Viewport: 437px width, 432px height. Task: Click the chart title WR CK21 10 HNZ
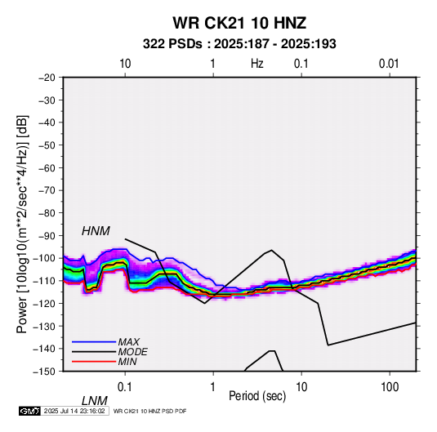pos(239,23)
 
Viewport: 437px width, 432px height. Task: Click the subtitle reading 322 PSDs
pos(172,44)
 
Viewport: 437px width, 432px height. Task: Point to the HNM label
pos(96,231)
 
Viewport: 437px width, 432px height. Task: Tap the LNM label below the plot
pos(95,401)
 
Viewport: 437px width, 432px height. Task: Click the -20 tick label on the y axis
pos(47,78)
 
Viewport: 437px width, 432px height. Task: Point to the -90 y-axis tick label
pos(47,235)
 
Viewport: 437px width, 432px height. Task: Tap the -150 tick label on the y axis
pos(44,372)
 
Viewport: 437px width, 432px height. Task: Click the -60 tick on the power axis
pos(47,167)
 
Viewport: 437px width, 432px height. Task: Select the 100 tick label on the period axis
pos(390,387)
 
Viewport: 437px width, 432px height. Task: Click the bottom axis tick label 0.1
pos(125,387)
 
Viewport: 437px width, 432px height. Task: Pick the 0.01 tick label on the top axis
pos(389,64)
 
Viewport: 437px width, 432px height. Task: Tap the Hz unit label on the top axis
pos(257,64)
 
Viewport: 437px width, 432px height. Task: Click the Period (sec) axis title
pos(257,396)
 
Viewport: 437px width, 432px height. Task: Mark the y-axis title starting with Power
pos(22,225)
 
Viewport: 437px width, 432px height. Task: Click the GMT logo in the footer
pos(30,411)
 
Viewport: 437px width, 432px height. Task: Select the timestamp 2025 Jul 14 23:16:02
pos(74,411)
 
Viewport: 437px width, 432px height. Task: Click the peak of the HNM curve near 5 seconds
pos(271,250)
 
